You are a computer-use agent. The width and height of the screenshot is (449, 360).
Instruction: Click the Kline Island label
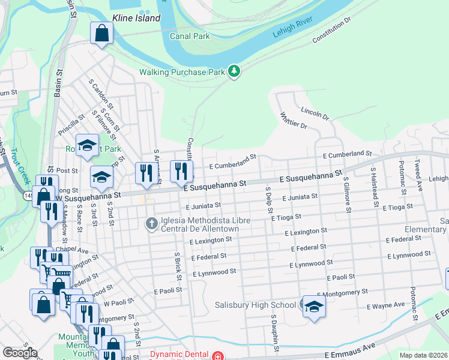click(136, 18)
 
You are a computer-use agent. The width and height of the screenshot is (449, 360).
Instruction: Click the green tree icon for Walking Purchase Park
click(234, 72)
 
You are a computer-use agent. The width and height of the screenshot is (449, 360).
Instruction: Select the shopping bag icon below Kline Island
click(101, 33)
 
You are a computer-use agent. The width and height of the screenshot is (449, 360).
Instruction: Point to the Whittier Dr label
click(294, 121)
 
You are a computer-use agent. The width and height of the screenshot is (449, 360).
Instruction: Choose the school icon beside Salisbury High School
click(313, 307)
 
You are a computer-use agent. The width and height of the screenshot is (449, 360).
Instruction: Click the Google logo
click(20, 353)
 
